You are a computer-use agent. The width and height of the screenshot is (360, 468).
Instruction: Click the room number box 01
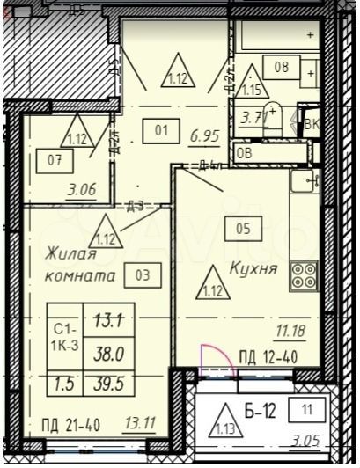coord(161,131)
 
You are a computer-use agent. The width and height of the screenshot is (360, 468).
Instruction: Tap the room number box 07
coord(55,160)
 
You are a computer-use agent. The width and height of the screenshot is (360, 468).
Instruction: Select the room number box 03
coord(143,274)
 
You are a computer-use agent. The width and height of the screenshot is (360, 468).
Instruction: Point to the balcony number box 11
coord(306,409)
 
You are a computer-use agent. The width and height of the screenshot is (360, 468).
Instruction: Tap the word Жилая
coord(71,254)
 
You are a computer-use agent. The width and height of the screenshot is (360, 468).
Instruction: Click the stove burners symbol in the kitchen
coord(305,275)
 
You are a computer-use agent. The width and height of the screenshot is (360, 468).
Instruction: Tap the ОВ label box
coord(245,151)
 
